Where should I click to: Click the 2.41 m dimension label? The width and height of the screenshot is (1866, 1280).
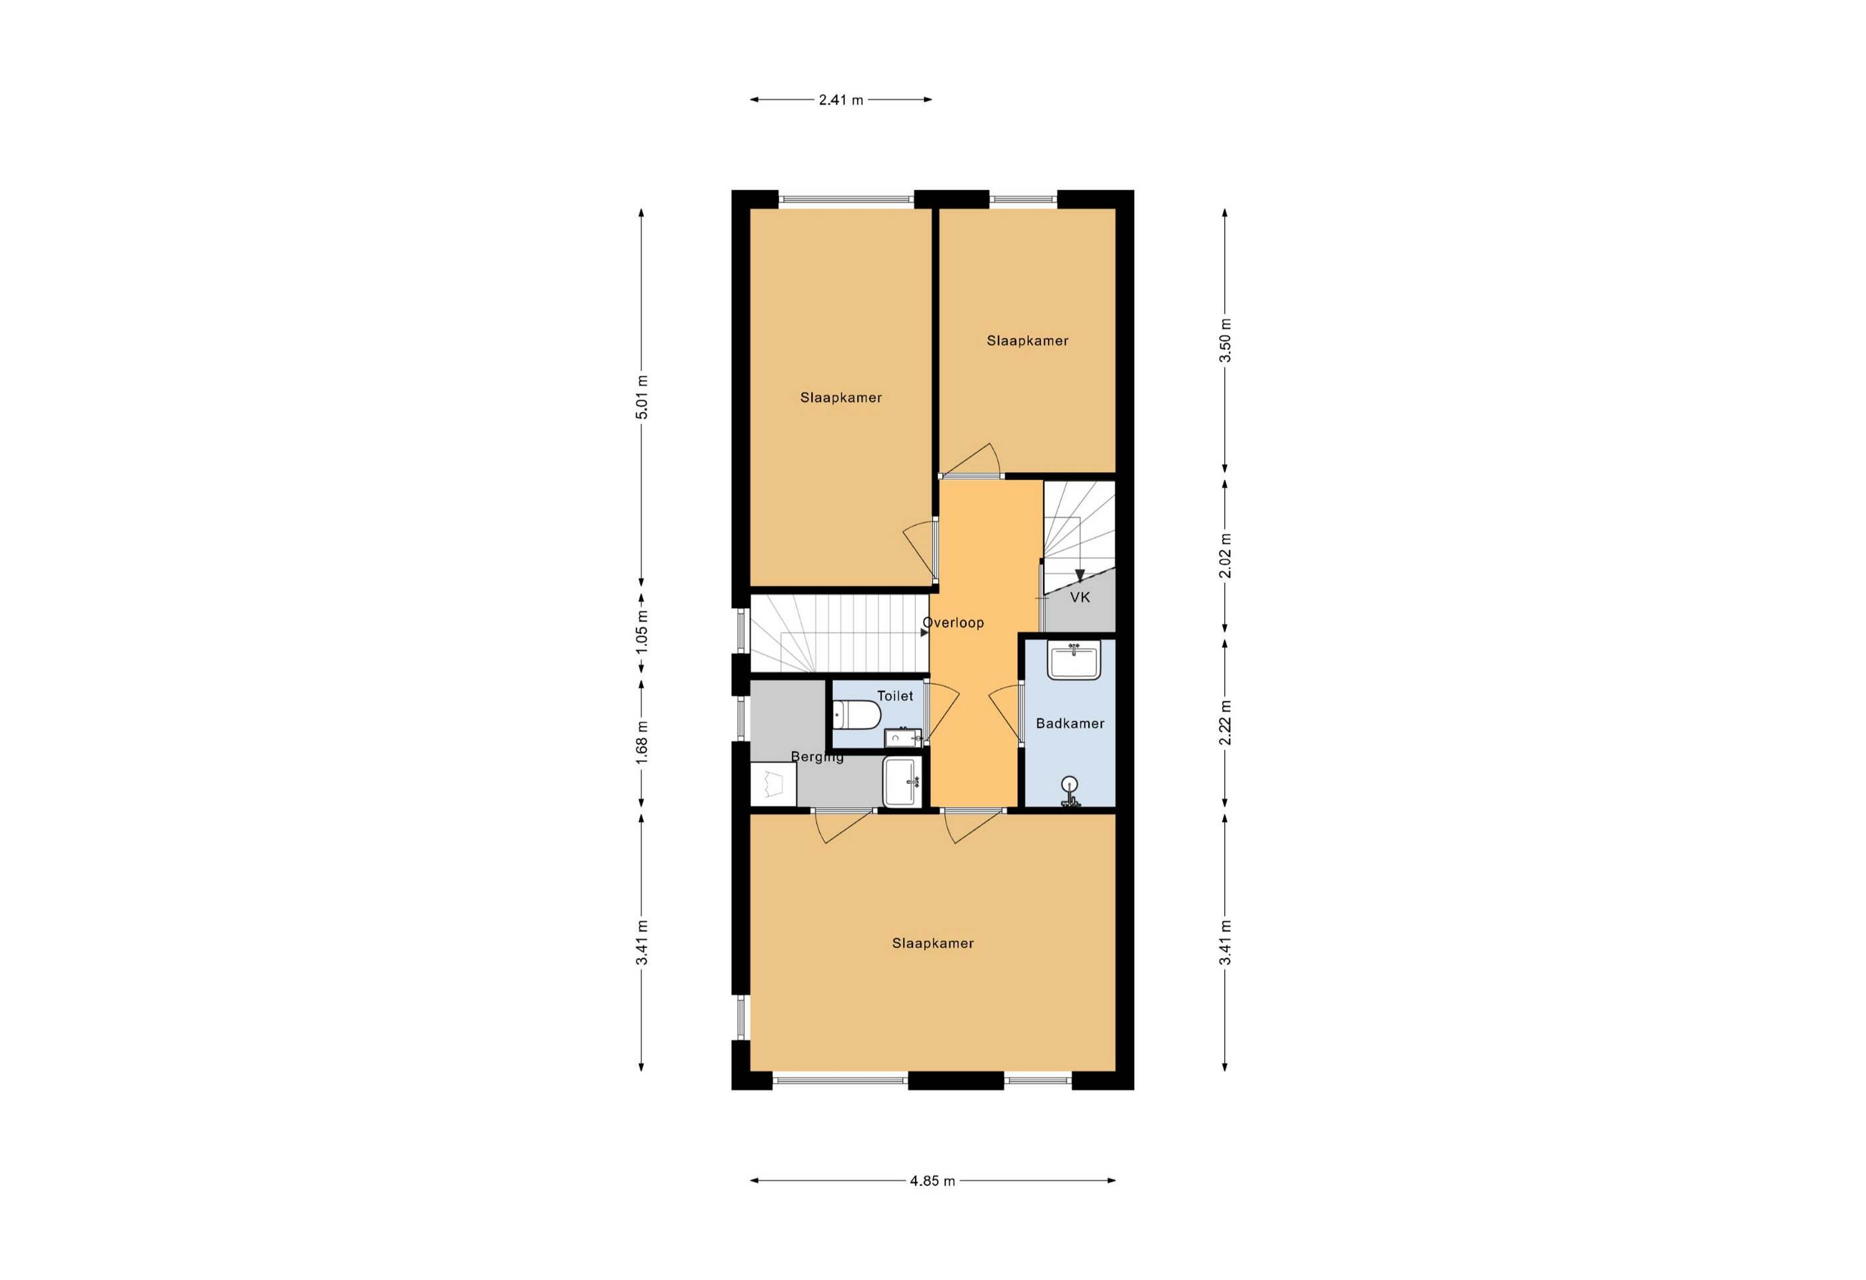[840, 101]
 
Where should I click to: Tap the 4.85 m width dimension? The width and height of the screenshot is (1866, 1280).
[932, 1181]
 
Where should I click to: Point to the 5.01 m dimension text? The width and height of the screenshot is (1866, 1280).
[642, 397]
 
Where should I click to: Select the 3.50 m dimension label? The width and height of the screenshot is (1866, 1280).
[1226, 341]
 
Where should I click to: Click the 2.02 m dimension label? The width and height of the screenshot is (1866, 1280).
[1226, 556]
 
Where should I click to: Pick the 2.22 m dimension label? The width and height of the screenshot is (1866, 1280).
[1226, 723]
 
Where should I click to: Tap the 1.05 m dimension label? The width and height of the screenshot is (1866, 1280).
[642, 631]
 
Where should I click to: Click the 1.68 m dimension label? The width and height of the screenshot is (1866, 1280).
[642, 743]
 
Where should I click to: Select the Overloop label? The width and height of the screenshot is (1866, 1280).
[953, 623]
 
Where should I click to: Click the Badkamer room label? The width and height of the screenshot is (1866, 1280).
[1070, 723]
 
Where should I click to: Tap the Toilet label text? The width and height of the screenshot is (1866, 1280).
[894, 696]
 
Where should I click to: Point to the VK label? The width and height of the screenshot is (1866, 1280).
[1080, 597]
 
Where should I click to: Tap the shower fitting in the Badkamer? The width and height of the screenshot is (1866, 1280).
[1070, 791]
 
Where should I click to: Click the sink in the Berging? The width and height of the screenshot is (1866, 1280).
[902, 781]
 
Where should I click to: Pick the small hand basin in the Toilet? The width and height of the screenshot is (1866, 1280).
[903, 737]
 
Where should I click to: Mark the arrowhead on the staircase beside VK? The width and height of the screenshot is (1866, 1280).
[1080, 575]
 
